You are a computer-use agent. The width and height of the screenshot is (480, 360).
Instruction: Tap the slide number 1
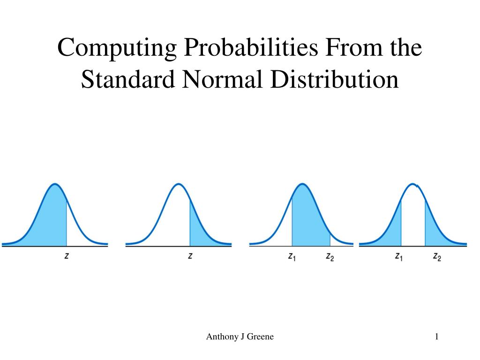(436, 337)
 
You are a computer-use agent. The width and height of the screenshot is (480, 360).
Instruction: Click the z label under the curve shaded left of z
(67, 256)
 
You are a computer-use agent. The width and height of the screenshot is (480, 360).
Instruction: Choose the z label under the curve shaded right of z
(190, 256)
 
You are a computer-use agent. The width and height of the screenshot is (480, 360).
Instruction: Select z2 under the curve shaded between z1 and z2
(330, 257)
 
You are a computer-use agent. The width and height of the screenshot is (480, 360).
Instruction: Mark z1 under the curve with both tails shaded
(399, 257)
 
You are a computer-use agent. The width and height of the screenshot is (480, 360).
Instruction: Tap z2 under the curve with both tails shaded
(437, 257)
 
